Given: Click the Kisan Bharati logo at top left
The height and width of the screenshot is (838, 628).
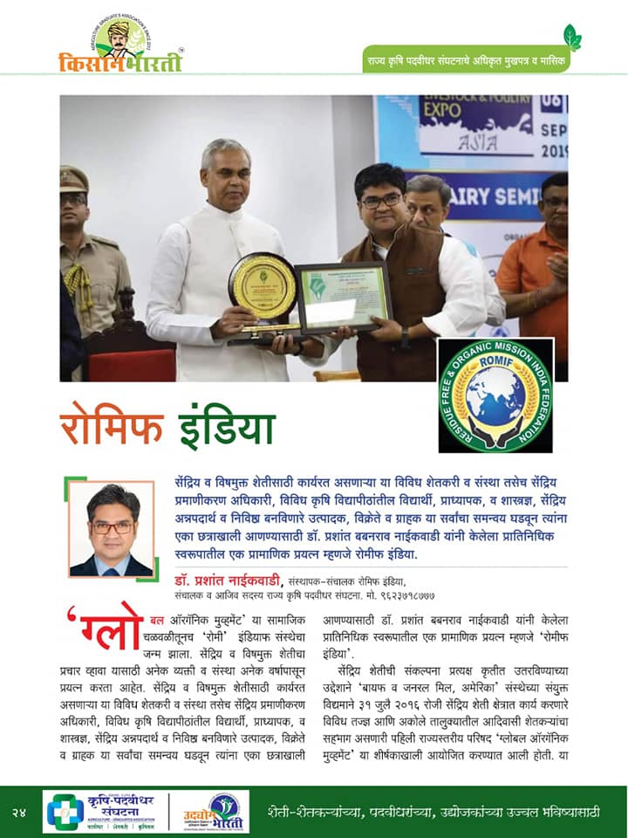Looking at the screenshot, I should (119, 45).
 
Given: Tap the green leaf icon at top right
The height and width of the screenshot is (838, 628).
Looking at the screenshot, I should (572, 38).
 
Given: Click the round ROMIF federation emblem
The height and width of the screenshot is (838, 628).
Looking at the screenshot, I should (495, 395).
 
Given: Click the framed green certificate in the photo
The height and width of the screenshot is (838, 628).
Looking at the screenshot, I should (341, 297).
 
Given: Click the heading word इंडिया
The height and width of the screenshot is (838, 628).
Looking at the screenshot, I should (226, 427).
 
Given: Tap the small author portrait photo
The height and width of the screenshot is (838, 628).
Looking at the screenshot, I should (111, 528).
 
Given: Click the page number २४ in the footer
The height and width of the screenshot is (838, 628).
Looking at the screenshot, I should (22, 812).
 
